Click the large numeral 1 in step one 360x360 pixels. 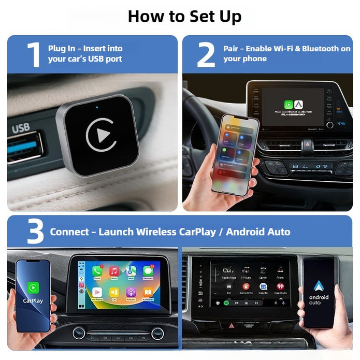[x=34, y=54]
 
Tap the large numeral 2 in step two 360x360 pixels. [x=206, y=54]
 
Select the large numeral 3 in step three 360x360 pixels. [x=35, y=232]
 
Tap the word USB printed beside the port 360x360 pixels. [x=21, y=127]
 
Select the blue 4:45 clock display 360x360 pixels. [x=341, y=124]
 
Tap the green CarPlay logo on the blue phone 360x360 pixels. [x=33, y=288]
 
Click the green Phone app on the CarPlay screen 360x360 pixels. [x=97, y=271]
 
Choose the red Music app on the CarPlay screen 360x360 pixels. [x=114, y=271]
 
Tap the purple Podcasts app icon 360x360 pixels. [x=131, y=293]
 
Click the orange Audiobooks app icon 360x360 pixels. [x=148, y=293]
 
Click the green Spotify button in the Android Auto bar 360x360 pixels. [x=227, y=302]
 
